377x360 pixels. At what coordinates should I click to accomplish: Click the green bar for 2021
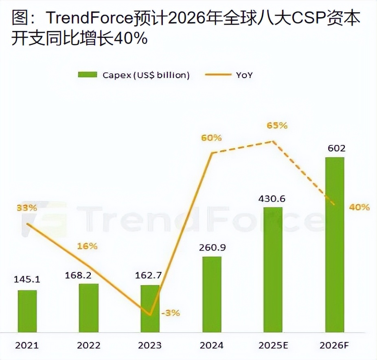click(27, 311)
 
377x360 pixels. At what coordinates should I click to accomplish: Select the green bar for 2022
click(89, 307)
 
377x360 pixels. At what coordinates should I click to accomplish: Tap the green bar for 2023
click(150, 308)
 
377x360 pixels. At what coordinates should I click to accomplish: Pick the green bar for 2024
click(212, 294)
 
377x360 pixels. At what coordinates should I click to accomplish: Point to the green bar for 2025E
click(273, 269)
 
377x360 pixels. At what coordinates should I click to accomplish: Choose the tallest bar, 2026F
click(335, 244)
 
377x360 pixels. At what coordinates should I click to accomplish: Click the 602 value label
click(335, 148)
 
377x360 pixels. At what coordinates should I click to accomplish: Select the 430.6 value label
click(272, 199)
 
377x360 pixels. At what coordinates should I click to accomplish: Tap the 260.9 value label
click(211, 248)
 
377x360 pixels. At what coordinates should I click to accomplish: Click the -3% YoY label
click(170, 313)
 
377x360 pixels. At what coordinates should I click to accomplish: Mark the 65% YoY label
click(277, 125)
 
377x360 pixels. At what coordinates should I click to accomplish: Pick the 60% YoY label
click(211, 138)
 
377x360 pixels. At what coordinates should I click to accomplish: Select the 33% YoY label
click(27, 208)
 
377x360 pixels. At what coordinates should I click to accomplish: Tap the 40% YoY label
click(359, 207)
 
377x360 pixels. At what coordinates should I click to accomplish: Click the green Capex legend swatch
click(88, 75)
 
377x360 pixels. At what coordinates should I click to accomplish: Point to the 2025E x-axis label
click(273, 345)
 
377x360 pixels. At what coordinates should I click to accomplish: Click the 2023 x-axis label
click(150, 345)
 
